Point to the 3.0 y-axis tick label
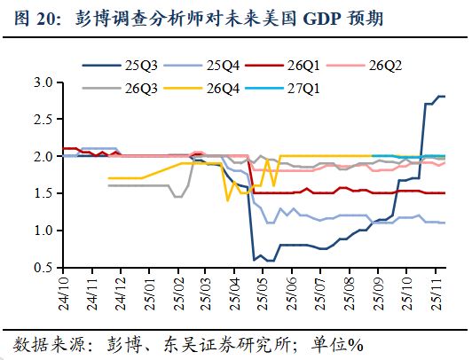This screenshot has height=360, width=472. click(43, 82)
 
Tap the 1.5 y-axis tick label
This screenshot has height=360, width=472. click(43, 193)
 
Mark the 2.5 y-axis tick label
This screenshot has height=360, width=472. click(43, 120)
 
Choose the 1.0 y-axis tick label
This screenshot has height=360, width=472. click(43, 231)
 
